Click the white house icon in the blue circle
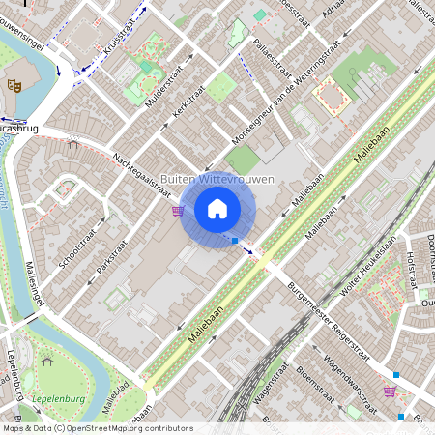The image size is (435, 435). pos(217,209)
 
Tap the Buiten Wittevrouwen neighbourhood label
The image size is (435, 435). pos(217,180)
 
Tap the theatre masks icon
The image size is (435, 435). pos(14,85)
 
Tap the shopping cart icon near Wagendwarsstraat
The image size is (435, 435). pos(391,391)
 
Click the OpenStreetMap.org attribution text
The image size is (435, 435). pos(116,427)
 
